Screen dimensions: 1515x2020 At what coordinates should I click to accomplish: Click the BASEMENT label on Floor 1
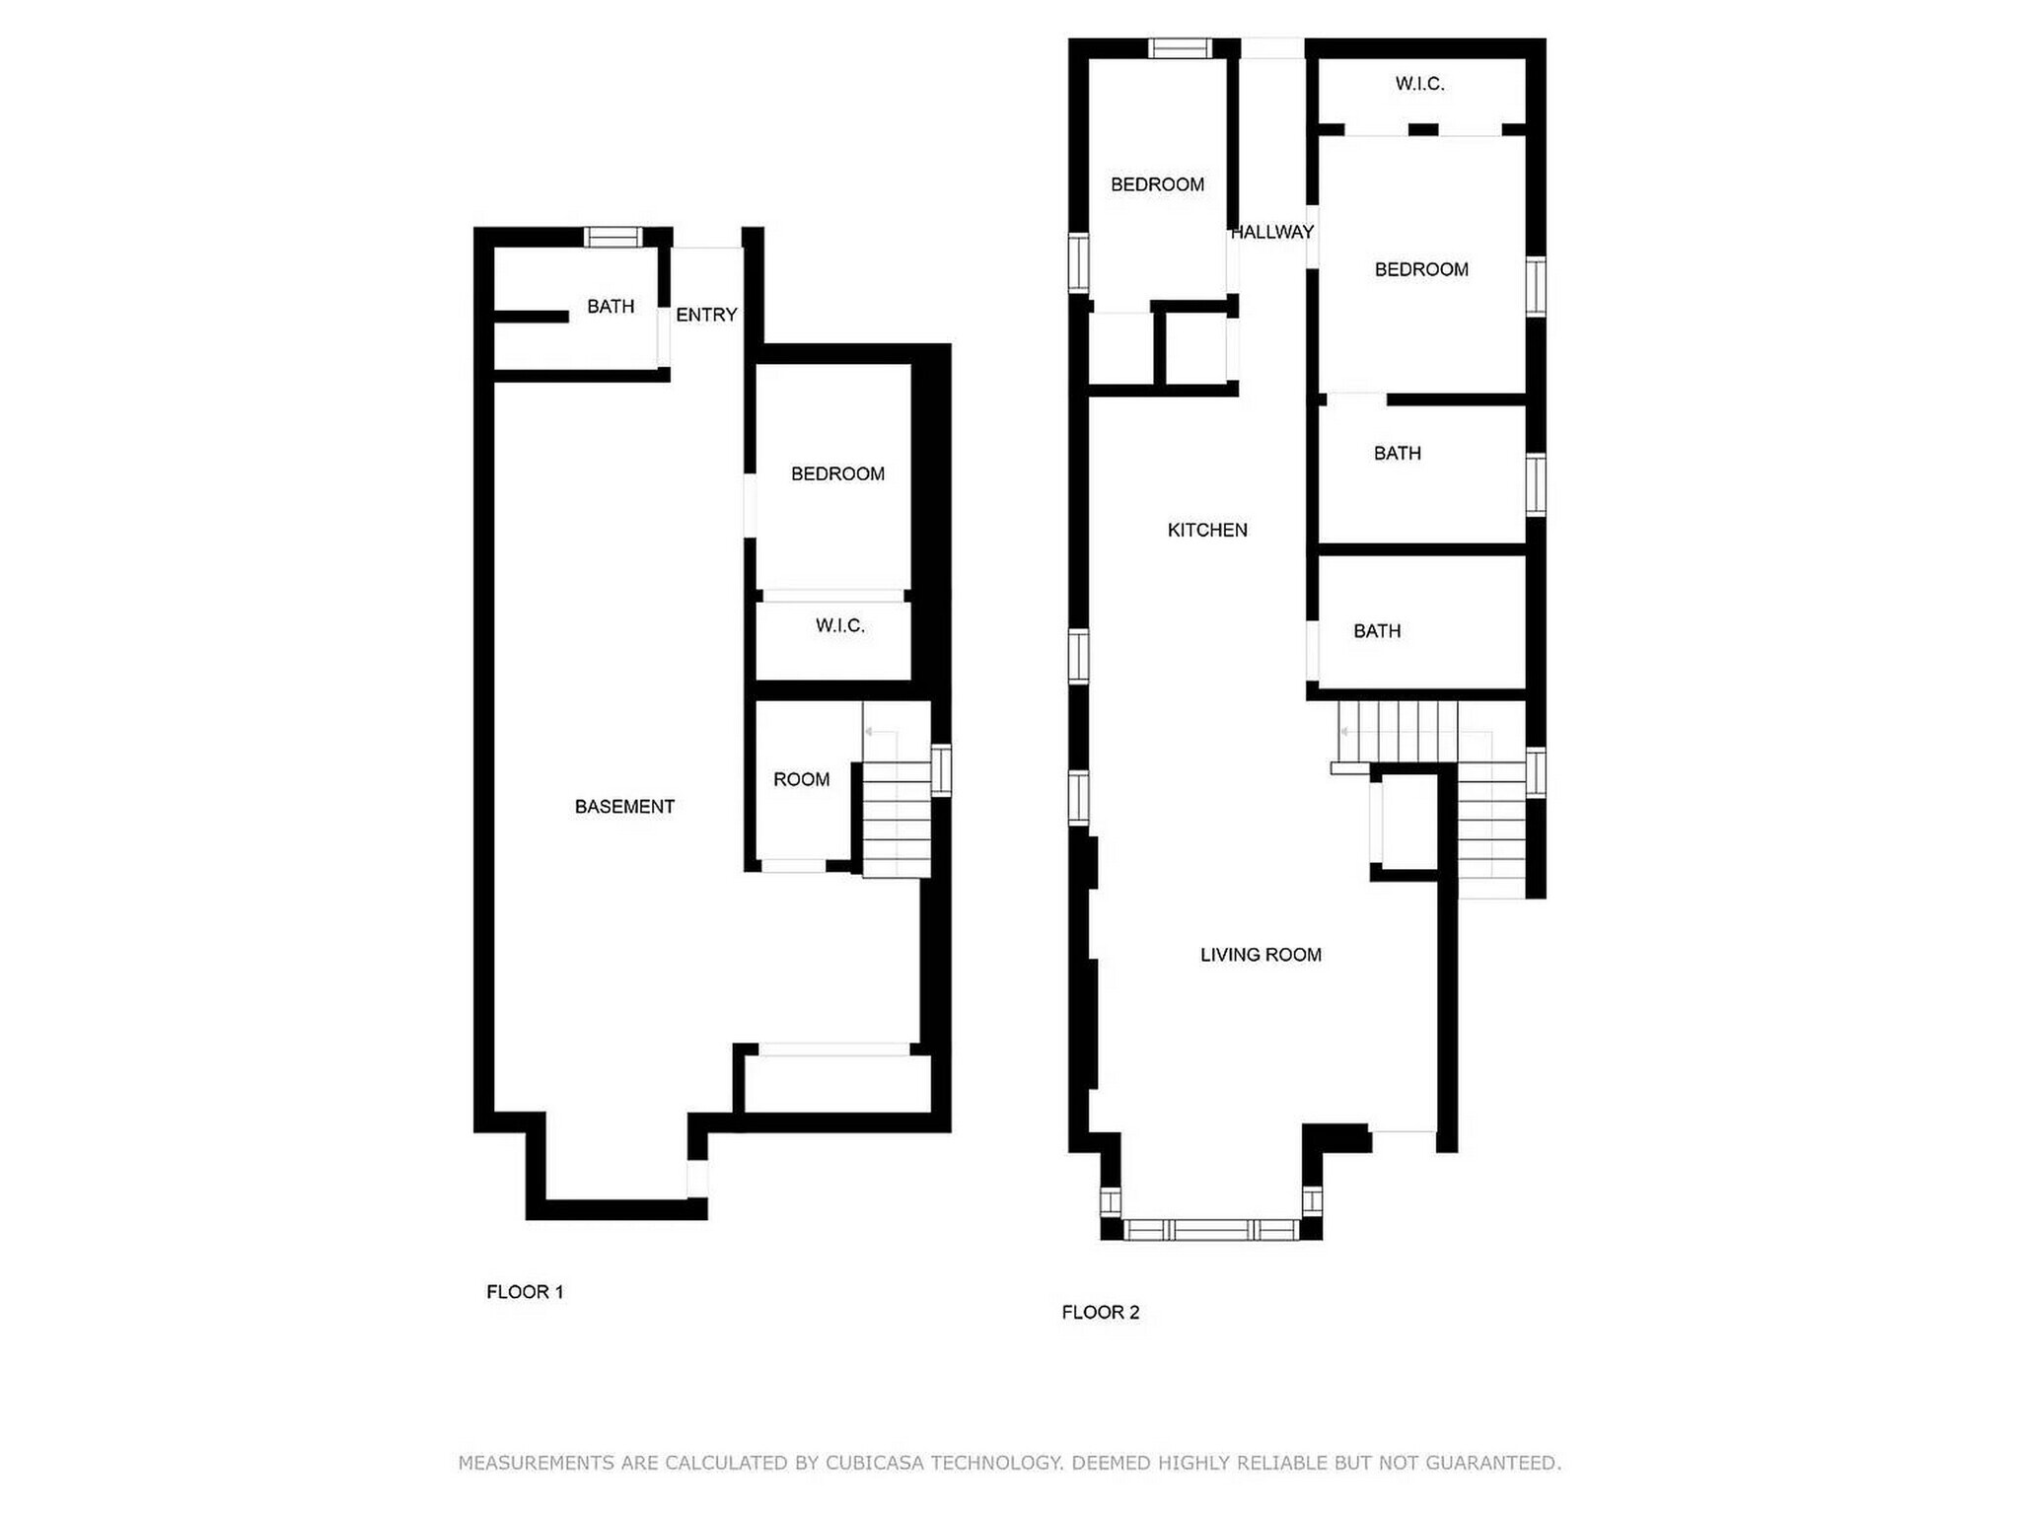(624, 807)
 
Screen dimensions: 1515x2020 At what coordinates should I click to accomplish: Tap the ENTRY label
(706, 315)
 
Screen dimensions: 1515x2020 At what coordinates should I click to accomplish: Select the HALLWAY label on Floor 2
(1271, 232)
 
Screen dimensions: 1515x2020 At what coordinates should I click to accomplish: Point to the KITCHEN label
(1207, 530)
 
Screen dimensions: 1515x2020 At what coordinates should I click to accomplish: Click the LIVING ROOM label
(1261, 955)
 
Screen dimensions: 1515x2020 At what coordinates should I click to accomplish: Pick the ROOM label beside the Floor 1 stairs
(801, 779)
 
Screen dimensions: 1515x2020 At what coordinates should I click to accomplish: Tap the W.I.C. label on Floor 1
(839, 625)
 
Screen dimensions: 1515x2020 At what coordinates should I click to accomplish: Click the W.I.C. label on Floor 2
(1419, 84)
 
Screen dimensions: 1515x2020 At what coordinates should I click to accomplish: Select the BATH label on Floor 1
(611, 307)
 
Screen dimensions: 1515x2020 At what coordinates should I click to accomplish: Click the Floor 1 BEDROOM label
(837, 473)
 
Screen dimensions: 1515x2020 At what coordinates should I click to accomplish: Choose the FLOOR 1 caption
(525, 1292)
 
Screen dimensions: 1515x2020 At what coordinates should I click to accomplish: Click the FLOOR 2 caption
(1100, 1312)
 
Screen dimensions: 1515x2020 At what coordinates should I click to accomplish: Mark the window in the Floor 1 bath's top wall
(612, 237)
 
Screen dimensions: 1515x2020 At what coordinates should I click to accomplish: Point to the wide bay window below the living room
(1211, 1229)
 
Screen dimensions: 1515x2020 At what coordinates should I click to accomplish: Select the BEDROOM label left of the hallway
(1157, 184)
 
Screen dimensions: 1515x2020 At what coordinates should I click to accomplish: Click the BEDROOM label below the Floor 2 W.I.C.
(1421, 269)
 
